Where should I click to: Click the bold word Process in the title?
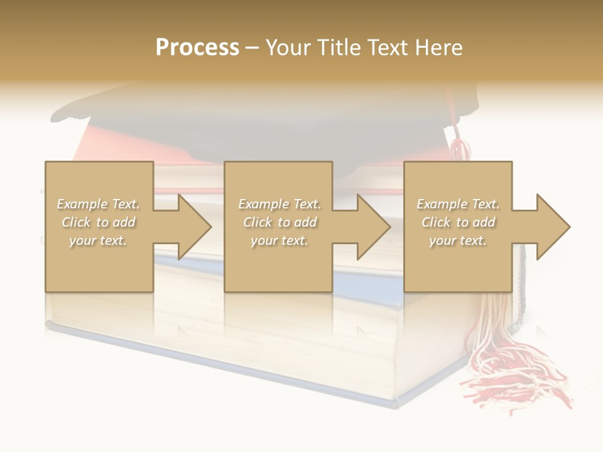click(197, 48)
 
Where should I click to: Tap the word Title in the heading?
click(339, 48)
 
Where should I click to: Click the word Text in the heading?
click(387, 48)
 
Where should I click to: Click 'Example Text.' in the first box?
click(99, 204)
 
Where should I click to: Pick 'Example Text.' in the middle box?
click(280, 204)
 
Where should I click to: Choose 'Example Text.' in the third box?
click(458, 204)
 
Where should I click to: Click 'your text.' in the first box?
click(99, 240)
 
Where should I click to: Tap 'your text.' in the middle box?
click(280, 240)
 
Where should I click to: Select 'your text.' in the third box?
click(458, 240)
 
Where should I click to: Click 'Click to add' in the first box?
click(99, 222)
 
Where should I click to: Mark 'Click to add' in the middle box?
click(280, 222)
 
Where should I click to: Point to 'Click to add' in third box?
click(458, 222)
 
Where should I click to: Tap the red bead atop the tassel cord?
click(460, 149)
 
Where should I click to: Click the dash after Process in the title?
click(253, 48)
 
